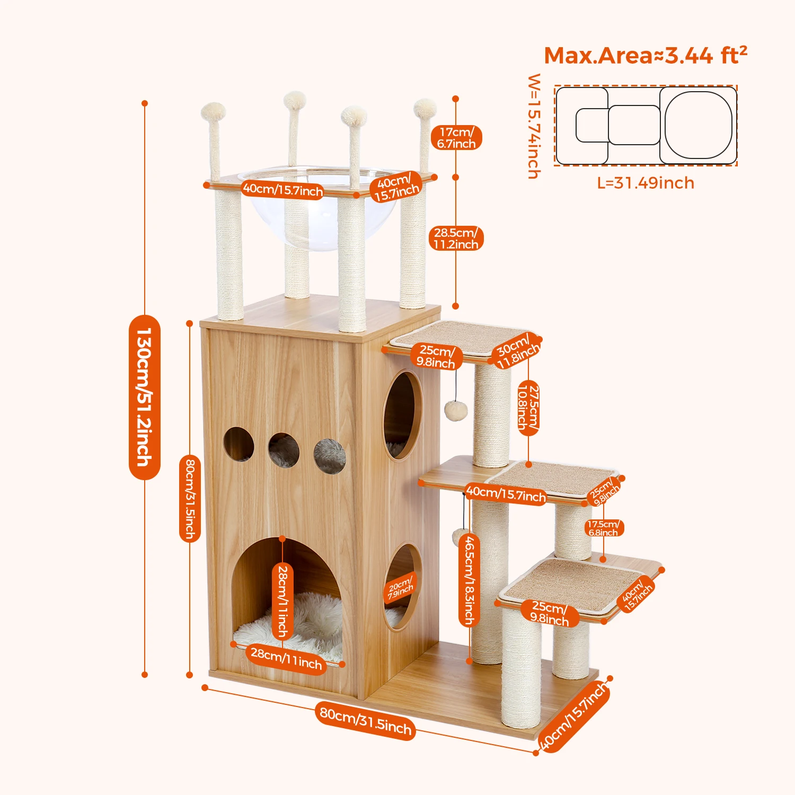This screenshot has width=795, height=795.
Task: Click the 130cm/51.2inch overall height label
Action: tap(144, 397)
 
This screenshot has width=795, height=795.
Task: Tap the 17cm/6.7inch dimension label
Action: tap(456, 138)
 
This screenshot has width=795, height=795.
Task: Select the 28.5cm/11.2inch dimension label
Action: tap(456, 238)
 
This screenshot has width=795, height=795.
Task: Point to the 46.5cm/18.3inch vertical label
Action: tap(469, 580)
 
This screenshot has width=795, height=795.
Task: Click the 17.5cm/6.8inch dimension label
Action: tap(603, 528)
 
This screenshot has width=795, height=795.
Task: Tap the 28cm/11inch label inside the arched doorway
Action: tap(282, 601)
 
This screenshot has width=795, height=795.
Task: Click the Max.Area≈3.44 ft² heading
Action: tap(646, 55)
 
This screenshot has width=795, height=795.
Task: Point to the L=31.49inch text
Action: tap(646, 183)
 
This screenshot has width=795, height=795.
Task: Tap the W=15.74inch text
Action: tap(534, 126)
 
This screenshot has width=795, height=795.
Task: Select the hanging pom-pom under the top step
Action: tap(455, 410)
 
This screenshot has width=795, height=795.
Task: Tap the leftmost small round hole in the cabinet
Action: tap(238, 444)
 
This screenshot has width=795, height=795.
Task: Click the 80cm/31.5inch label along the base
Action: tap(366, 720)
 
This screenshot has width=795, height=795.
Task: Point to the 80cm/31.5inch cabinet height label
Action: tap(190, 498)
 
